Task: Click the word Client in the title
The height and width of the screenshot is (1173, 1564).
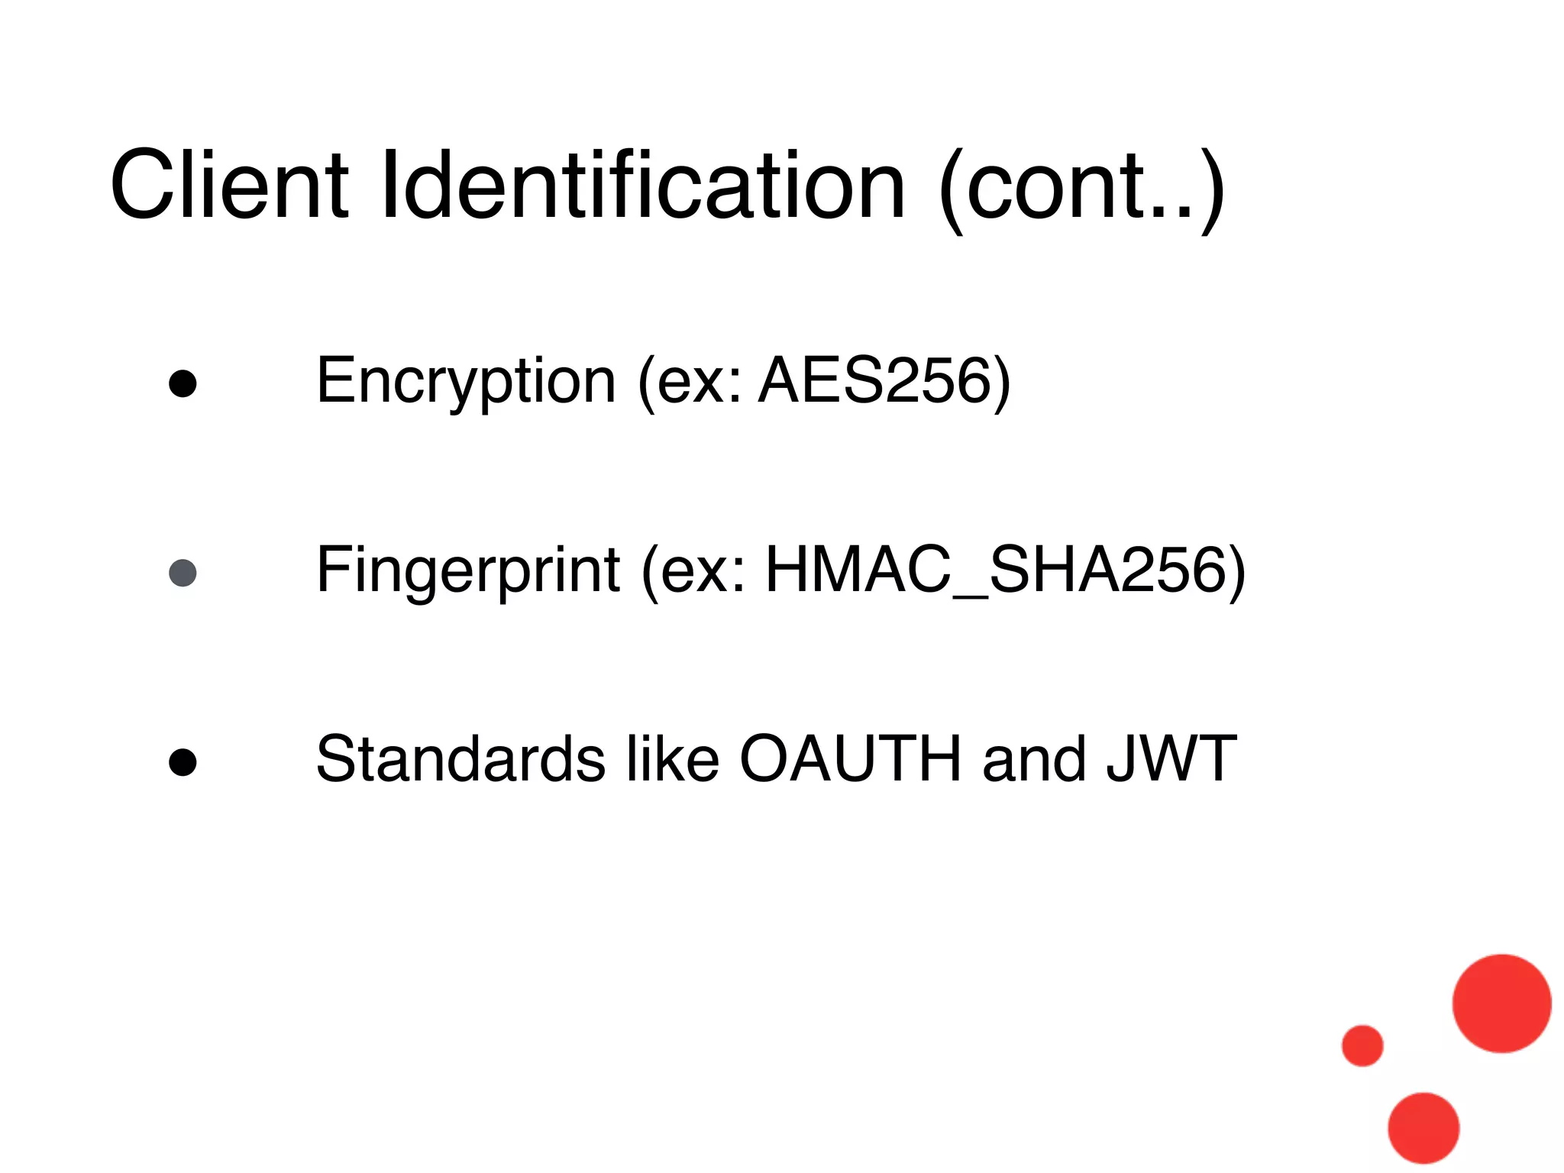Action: (229, 186)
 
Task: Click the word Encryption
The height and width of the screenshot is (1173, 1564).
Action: (466, 381)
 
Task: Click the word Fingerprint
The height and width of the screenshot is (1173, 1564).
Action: (468, 570)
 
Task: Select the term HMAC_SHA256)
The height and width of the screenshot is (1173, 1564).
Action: (1005, 570)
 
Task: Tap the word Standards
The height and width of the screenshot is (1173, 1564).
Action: (460, 759)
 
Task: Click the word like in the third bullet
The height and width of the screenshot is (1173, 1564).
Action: (673, 759)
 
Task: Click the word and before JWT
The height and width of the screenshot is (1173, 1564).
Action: (1034, 759)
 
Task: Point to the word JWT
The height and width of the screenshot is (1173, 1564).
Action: (1171, 759)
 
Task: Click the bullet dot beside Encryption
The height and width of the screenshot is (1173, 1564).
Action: (183, 384)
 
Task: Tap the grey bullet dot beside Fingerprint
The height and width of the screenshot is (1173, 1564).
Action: (183, 573)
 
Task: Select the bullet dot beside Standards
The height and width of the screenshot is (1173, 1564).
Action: (183, 762)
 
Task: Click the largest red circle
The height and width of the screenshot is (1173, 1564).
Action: (1501, 1003)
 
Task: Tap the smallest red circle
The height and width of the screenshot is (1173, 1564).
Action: (1362, 1045)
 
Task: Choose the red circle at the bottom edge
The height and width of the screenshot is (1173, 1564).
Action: (1423, 1129)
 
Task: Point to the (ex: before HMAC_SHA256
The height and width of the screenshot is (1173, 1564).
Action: (693, 570)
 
